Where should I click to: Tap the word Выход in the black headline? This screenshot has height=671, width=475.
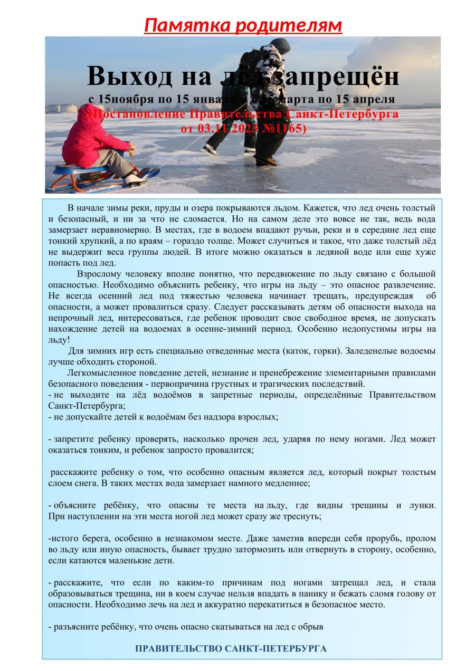pyautogui.click(x=122, y=76)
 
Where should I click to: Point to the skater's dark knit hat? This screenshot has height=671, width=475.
pyautogui.click(x=280, y=45)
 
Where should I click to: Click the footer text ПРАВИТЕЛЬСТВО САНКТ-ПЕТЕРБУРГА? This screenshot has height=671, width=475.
pyautogui.click(x=231, y=648)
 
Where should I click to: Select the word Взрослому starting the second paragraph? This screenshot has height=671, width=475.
pyautogui.click(x=101, y=274)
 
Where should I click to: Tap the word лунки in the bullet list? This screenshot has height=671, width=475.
pyautogui.click(x=422, y=505)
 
